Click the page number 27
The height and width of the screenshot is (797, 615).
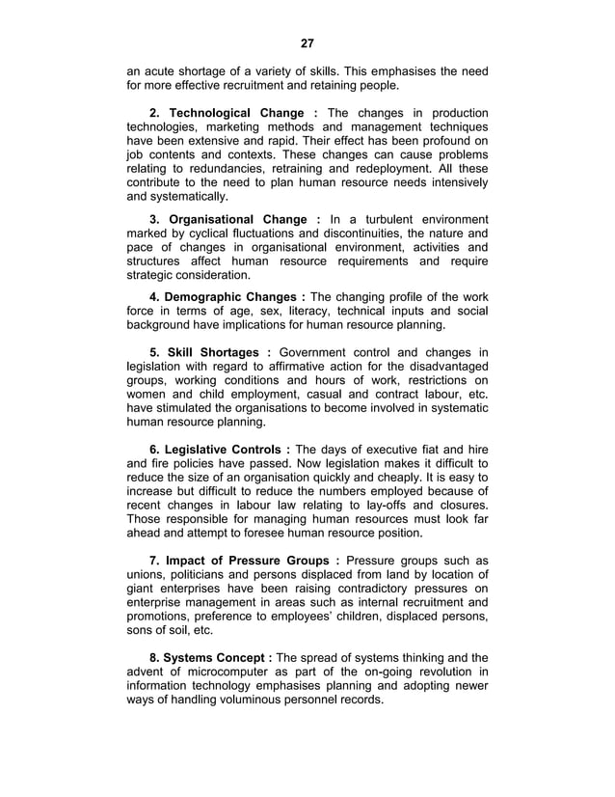tap(307, 43)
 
